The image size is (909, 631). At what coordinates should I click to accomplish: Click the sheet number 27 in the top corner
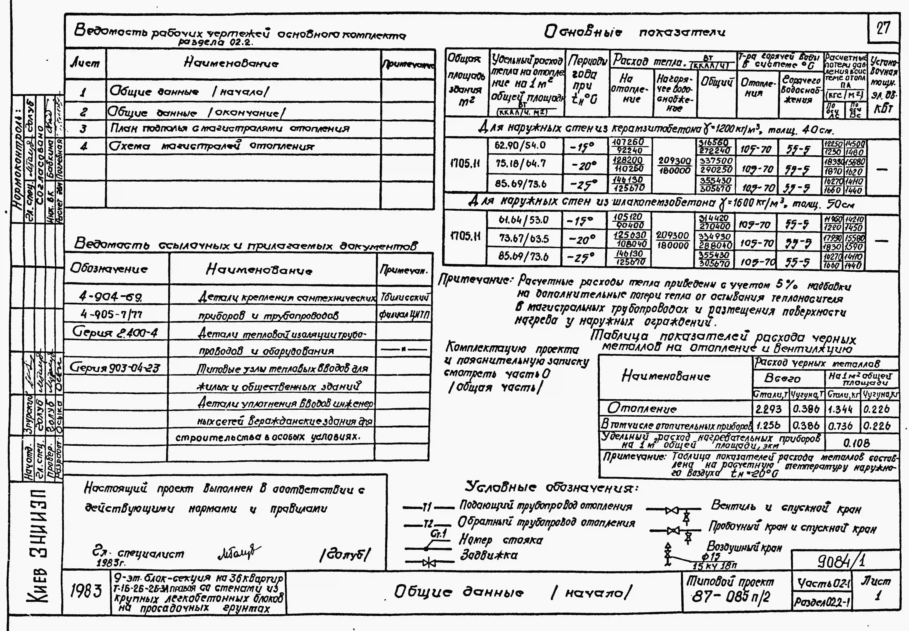(883, 28)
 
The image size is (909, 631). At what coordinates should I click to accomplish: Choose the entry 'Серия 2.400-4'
(115, 333)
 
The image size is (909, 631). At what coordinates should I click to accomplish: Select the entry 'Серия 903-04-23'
(115, 368)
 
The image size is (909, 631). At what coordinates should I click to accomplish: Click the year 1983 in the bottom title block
(86, 591)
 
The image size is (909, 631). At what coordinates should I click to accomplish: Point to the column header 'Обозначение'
(109, 269)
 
